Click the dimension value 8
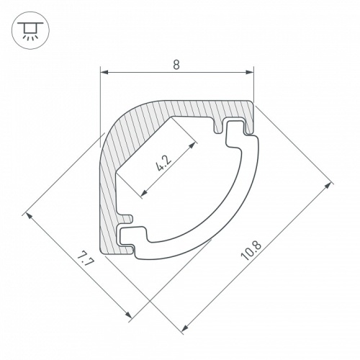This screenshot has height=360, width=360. pyautogui.click(x=176, y=65)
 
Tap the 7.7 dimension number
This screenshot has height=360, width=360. pyautogui.click(x=84, y=259)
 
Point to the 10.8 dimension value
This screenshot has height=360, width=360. pyautogui.click(x=251, y=251)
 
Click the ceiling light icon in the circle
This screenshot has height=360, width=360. pyautogui.click(x=30, y=30)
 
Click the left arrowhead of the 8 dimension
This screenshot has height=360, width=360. pyautogui.click(x=104, y=72)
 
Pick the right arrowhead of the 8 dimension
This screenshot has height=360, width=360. pyautogui.click(x=249, y=72)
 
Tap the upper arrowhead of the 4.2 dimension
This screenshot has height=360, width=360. pyautogui.click(x=192, y=145)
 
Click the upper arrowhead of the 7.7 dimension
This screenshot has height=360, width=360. pyautogui.click(x=29, y=216)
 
